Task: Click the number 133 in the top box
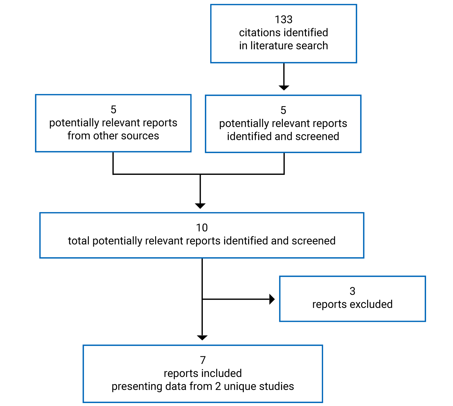pyautogui.click(x=283, y=20)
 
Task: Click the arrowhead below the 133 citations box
pyautogui.click(x=284, y=88)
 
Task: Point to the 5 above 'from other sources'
pyautogui.click(x=113, y=110)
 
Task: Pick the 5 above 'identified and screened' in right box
pyautogui.click(x=283, y=110)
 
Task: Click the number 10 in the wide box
pyautogui.click(x=202, y=228)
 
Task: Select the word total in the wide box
pyautogui.click(x=78, y=241)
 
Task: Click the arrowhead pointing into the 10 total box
pyautogui.click(x=200, y=206)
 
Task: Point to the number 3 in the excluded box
pyautogui.click(x=352, y=291)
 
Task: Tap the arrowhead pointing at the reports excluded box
pyautogui.click(x=272, y=299)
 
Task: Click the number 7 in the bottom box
pyautogui.click(x=203, y=360)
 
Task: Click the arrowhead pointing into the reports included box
pyautogui.click(x=202, y=338)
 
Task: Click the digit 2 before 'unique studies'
pyautogui.click(x=218, y=386)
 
